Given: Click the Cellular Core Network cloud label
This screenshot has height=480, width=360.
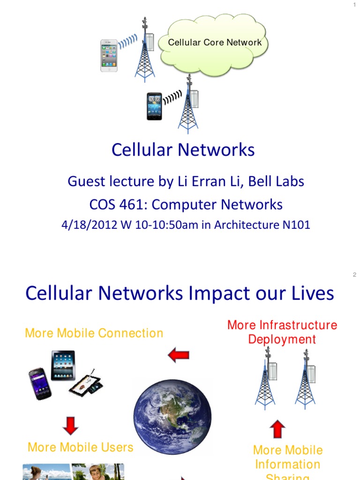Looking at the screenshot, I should (x=215, y=43).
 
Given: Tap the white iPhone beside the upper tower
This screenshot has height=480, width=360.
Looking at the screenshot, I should (x=109, y=55).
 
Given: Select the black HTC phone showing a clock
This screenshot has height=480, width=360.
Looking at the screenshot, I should (x=154, y=106).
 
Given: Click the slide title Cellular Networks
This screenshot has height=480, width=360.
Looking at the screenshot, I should (x=183, y=150).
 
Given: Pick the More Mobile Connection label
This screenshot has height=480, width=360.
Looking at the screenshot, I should (x=94, y=333).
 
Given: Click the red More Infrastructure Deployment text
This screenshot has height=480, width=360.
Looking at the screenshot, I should (x=282, y=332).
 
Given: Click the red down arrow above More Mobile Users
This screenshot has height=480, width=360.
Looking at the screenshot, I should (x=70, y=425).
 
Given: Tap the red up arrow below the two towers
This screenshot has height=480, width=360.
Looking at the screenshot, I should (x=277, y=429).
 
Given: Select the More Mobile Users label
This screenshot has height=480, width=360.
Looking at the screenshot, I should (x=81, y=447).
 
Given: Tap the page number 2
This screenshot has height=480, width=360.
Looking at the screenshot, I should (x=355, y=275).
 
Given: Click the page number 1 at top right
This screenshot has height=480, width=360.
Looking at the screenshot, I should (x=355, y=5).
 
